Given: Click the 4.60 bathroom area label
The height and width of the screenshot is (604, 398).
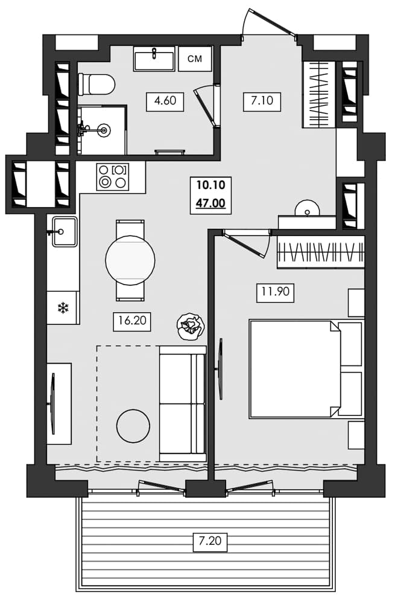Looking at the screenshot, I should click(165, 101).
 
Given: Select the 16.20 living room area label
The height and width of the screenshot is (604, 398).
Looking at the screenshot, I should click(132, 321).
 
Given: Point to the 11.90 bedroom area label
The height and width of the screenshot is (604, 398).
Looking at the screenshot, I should click(275, 293).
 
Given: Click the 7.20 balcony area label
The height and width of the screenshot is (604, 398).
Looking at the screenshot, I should click(210, 542).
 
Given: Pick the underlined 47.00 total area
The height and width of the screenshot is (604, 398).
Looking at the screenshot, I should click(210, 204).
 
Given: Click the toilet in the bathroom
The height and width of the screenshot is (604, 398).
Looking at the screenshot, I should click(96, 85).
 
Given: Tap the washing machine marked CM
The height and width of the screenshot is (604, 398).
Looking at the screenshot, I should click(195, 59).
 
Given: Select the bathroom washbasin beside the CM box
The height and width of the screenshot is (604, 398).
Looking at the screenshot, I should click(154, 59).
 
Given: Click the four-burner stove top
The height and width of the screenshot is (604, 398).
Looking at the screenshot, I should click(113, 176).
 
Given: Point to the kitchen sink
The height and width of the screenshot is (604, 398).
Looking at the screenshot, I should click(64, 232).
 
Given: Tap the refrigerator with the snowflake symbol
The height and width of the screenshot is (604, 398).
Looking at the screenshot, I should click(63, 308).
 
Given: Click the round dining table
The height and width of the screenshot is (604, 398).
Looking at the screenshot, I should click(130, 260).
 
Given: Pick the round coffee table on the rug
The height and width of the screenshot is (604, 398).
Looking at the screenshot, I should click(133, 426).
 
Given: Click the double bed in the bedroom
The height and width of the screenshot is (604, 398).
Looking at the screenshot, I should click(295, 369).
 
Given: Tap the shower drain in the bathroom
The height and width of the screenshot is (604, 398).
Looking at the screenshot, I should click(106, 129).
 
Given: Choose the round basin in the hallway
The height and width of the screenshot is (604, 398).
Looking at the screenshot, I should click(308, 208).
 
